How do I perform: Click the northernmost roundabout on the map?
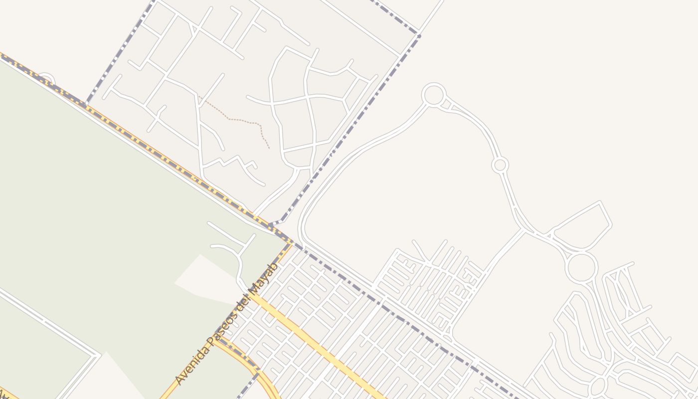tap(433, 95)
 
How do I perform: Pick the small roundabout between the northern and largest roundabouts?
tap(500, 165)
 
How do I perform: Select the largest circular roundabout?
tap(581, 267)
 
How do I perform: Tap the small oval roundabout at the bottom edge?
tap(597, 385)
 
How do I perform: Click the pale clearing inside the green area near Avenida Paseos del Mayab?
tap(207, 279)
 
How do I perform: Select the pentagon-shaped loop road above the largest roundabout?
tap(583, 227)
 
